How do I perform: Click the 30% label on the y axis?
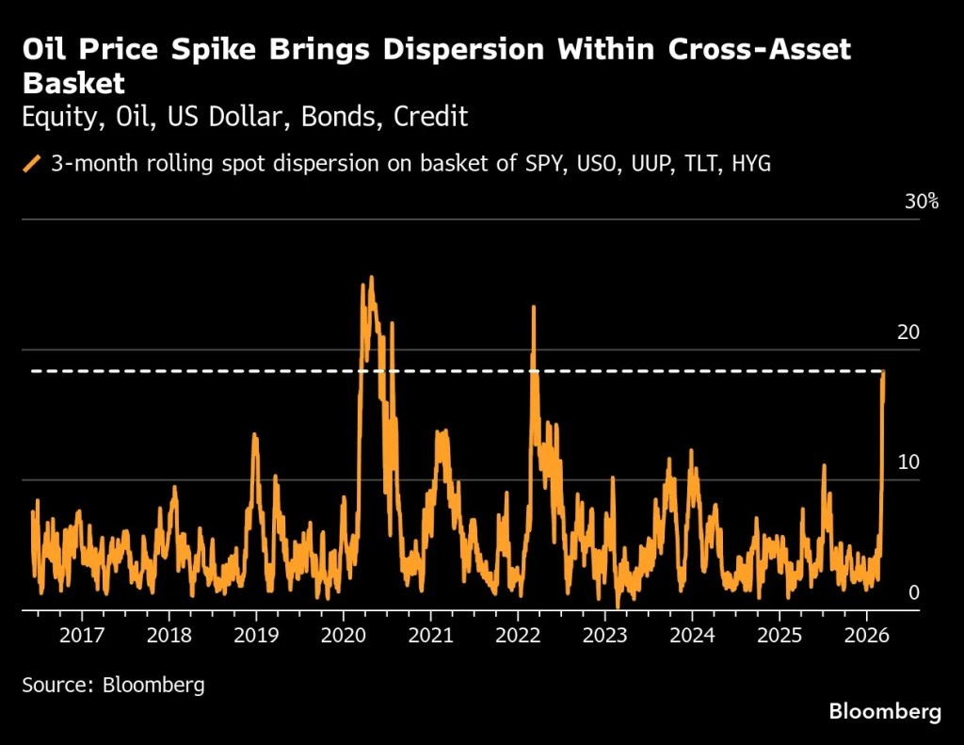921,202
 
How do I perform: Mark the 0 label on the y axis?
914,592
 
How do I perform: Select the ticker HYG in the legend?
749,164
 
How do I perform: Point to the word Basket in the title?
73,83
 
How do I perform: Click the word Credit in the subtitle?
431,118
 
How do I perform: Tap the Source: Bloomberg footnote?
113,685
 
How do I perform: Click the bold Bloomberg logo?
884,712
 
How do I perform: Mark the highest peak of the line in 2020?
371,277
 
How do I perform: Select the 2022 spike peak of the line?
534,307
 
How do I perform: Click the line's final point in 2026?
884,372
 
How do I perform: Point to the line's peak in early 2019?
255,434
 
